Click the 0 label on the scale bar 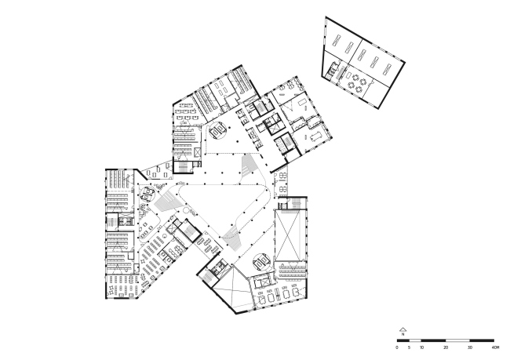click(x=397, y=347)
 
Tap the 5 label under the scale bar click(x=410, y=347)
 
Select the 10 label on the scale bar click(x=421, y=347)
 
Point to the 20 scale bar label click(x=446, y=347)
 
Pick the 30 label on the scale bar click(x=470, y=347)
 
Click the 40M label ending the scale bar click(x=495, y=347)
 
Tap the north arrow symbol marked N click(x=402, y=331)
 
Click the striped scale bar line click(x=446, y=340)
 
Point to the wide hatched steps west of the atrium click(x=166, y=203)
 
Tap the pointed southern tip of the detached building click(x=379, y=107)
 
